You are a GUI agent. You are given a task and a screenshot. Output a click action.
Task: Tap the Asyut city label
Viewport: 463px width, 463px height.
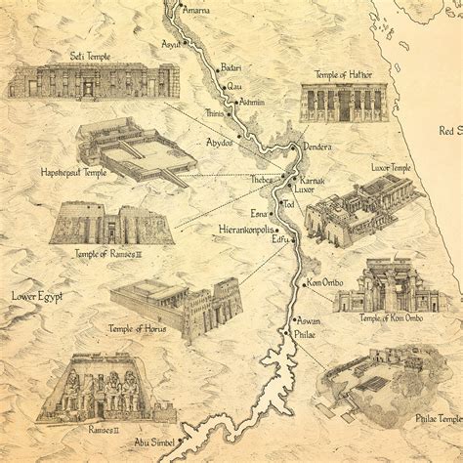[173, 44]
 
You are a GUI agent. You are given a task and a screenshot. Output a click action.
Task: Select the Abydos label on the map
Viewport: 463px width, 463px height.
[219, 143]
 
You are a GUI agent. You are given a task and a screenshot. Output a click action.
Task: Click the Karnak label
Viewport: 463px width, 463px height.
[311, 182]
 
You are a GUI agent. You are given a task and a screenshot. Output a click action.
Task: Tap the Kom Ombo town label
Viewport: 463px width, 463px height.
[329, 283]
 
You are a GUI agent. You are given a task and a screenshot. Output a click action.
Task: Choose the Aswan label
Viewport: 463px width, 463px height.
[309, 320]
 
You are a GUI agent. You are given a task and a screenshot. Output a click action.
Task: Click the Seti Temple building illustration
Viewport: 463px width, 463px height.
[93, 81]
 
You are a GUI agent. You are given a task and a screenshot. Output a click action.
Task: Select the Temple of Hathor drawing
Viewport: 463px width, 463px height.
[337, 102]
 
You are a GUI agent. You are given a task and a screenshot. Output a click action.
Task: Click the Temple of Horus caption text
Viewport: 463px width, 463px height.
[137, 329]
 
